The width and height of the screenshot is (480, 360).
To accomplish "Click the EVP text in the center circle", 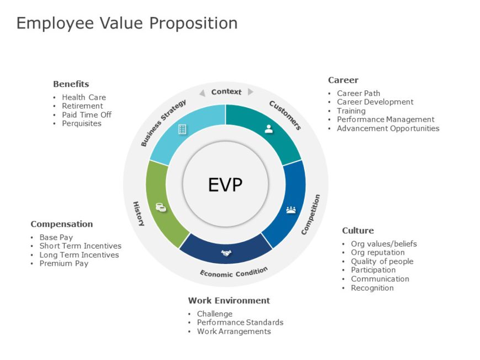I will tap(225, 185).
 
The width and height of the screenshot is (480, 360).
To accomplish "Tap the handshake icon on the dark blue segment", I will tap(226, 252).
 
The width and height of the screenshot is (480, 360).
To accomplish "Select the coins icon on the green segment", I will tap(161, 207).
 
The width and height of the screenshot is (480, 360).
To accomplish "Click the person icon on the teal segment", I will tap(269, 129).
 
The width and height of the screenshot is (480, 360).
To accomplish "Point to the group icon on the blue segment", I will tap(291, 209).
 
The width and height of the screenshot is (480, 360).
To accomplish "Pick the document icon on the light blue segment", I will tap(182, 129).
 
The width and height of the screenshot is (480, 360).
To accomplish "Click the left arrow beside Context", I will tap(202, 92).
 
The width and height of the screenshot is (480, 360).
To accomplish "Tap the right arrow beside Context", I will tap(250, 92).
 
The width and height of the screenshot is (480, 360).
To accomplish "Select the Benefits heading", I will tap(71, 84).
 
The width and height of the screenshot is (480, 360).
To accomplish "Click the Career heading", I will tap(343, 80).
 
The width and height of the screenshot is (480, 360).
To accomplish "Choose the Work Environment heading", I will tap(229, 300).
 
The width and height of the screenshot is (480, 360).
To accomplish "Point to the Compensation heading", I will tap(62, 224).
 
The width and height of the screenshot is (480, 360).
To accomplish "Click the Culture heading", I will tap(358, 230).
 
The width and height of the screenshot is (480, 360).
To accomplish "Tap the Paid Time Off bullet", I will tap(87, 115).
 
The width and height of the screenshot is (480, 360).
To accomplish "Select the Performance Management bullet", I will tap(386, 119).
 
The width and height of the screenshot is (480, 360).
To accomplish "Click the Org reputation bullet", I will tap(377, 252).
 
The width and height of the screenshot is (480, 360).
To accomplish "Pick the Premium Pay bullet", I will tap(64, 264).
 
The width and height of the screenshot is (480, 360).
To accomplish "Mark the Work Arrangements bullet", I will tap(234, 331).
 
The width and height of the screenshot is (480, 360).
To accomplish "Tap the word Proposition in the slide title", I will tap(194, 23).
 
